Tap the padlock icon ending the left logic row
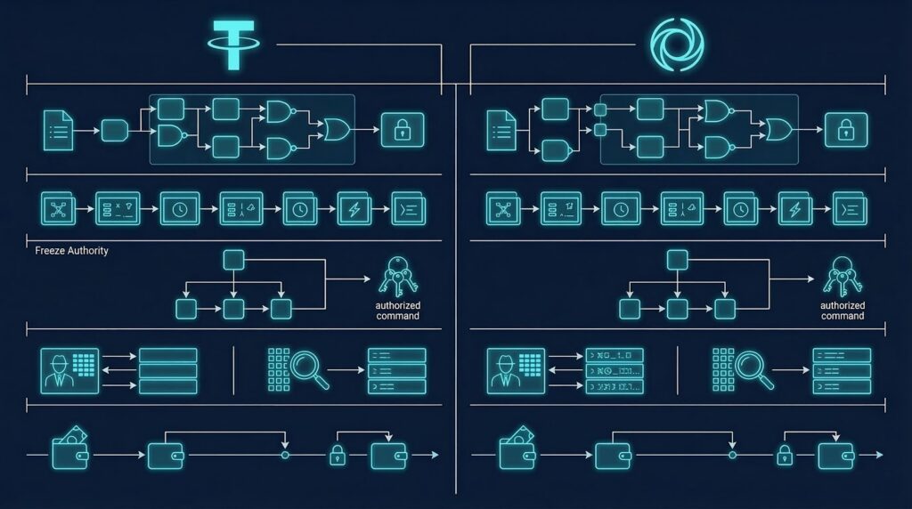(x=403, y=131)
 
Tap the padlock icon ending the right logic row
(x=845, y=131)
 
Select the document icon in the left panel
(x=58, y=131)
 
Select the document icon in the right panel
(x=501, y=131)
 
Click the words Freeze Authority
(x=71, y=251)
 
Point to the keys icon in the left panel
(x=394, y=276)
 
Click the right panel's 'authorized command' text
(x=842, y=311)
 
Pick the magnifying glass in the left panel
(x=309, y=368)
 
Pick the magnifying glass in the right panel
(x=753, y=368)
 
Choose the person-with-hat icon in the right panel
(x=504, y=370)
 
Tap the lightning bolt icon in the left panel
(x=354, y=209)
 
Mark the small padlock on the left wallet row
(x=338, y=455)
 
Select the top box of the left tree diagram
(x=232, y=260)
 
